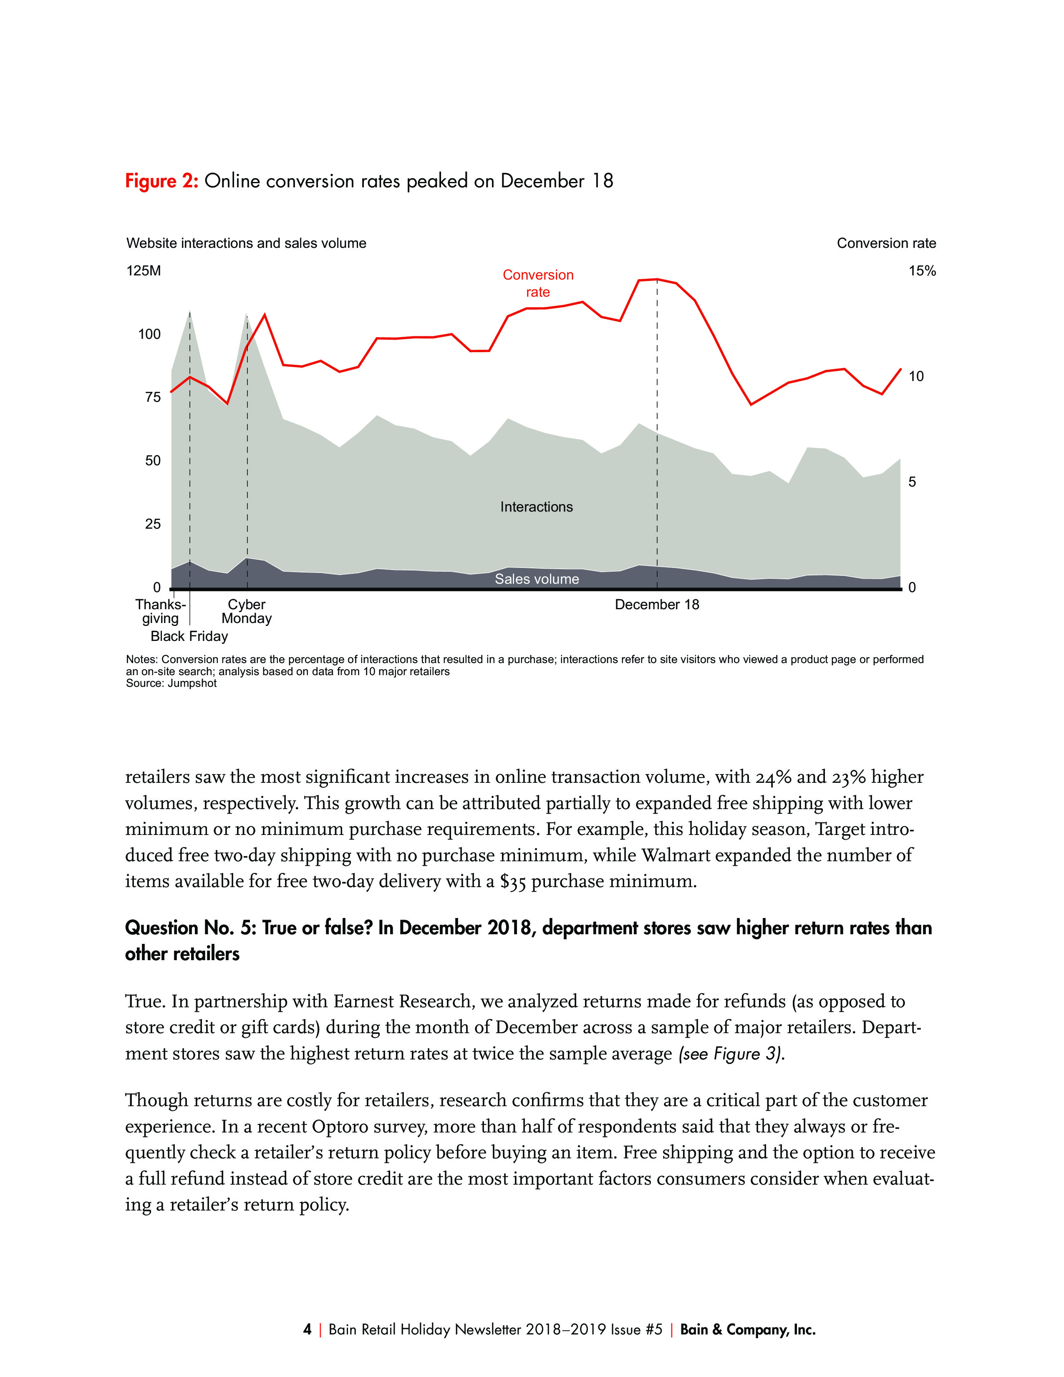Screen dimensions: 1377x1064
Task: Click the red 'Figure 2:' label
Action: pos(162,181)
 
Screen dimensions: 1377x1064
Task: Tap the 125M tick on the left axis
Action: pos(144,271)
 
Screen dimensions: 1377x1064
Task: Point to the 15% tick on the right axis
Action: pos(922,271)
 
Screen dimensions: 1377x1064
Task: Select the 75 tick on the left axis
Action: pos(153,397)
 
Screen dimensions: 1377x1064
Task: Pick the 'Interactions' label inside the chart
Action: pos(537,507)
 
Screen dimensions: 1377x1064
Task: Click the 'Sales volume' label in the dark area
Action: pos(537,579)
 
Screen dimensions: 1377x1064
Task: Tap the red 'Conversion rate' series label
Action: pos(538,283)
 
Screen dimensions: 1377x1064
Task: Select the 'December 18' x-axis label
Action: pos(657,605)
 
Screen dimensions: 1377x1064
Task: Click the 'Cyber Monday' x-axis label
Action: pos(247,612)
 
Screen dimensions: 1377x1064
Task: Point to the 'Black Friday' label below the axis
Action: pos(189,636)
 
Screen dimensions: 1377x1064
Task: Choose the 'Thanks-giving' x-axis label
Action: pos(160,612)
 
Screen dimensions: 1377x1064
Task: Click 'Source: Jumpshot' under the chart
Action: pos(171,683)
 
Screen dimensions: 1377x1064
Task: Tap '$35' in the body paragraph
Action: pos(512,881)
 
